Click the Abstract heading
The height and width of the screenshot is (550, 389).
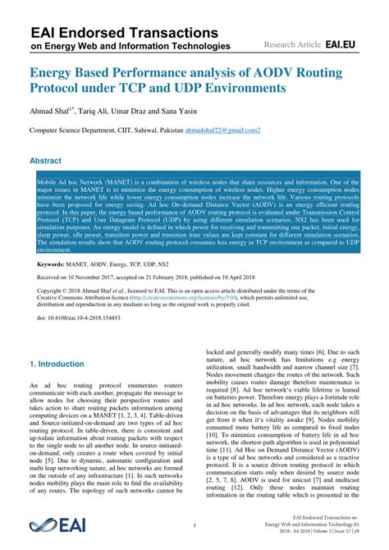point(52,161)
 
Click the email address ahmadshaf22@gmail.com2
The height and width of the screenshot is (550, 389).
point(224,131)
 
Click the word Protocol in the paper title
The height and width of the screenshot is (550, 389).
point(62,87)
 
